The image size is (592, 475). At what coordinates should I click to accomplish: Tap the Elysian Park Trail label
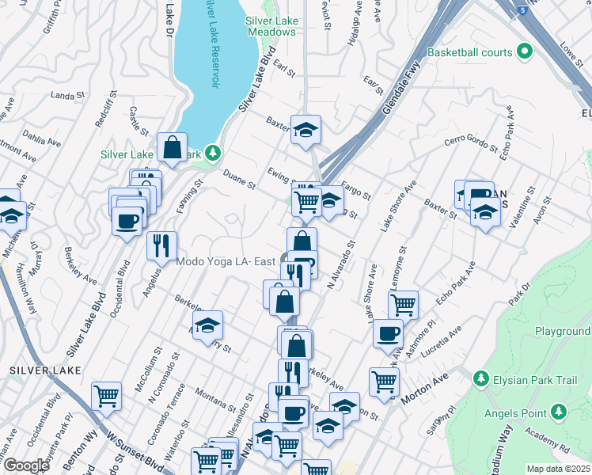[x=540, y=378]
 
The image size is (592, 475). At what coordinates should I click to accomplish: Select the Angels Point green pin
[x=559, y=411]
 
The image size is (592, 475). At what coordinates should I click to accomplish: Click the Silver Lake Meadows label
[x=271, y=26]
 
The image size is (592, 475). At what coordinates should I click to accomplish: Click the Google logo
[x=26, y=465]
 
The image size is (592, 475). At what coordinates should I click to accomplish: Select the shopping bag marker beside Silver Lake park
[x=172, y=147]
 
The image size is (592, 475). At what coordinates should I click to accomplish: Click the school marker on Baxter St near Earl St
[x=305, y=129]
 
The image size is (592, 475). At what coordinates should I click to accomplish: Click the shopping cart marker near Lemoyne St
[x=404, y=305]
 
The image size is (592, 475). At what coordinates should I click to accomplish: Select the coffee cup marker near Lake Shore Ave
[x=388, y=333]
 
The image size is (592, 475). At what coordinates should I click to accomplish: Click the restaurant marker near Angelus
[x=161, y=245]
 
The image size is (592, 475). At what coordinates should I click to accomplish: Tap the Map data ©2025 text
[x=558, y=469]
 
